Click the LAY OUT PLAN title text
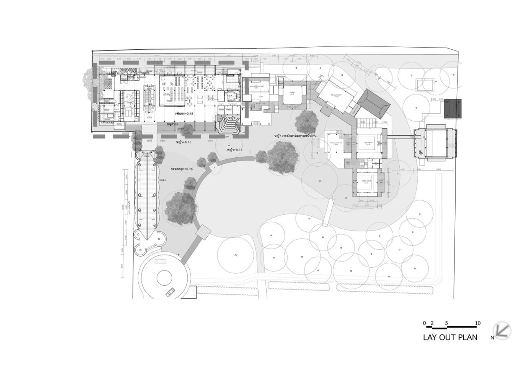coord(450,337)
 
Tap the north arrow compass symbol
coord(502,330)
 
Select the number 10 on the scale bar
coord(478,323)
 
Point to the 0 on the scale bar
coord(424,323)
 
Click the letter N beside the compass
coord(493,338)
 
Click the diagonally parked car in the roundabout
coord(170,292)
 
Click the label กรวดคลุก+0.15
coord(181,169)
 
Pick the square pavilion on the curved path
coord(203,232)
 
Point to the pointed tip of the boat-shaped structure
coord(146,240)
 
